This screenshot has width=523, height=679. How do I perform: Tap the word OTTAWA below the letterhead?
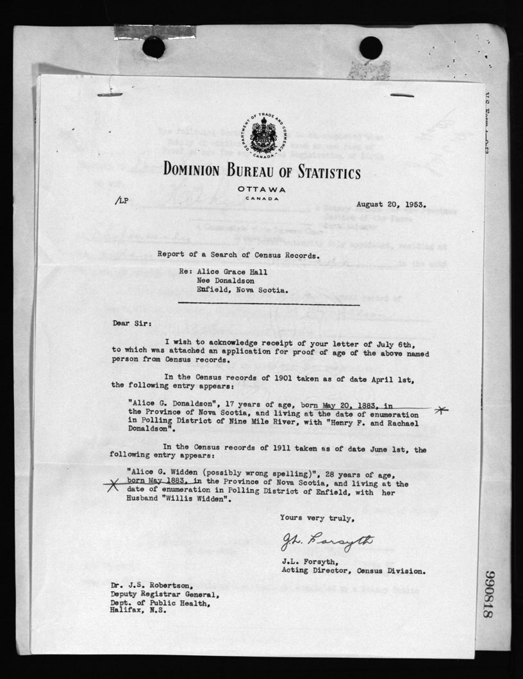(x=261, y=190)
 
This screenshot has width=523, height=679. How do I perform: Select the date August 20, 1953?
(x=392, y=207)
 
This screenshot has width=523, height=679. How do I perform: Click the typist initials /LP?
(x=121, y=202)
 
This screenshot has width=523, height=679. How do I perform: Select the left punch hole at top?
(x=154, y=47)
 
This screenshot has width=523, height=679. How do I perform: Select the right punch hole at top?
(x=370, y=47)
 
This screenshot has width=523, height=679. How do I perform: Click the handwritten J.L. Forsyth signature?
(x=326, y=542)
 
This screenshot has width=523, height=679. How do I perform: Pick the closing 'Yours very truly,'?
(x=317, y=517)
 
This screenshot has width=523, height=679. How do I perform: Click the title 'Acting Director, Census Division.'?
(x=354, y=571)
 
